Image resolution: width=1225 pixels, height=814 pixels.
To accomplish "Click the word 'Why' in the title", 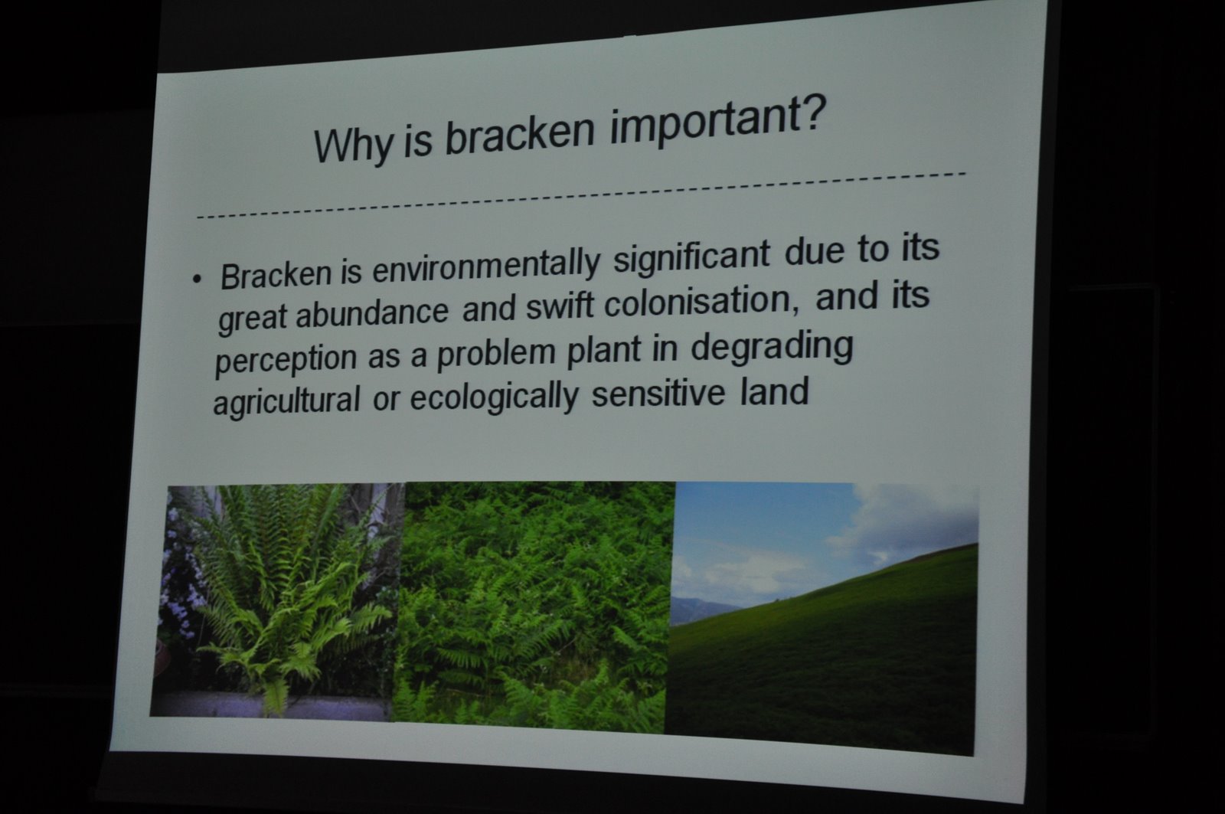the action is coord(353,144).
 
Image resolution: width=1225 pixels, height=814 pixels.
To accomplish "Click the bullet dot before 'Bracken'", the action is coord(197,280).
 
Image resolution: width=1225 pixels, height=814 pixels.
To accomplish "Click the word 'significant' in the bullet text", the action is coord(691,256).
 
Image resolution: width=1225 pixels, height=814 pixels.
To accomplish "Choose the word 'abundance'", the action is coord(372,312).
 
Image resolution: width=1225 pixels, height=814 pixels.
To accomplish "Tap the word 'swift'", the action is coord(560,306).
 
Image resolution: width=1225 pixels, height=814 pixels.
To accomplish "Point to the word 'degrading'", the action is coord(772,348).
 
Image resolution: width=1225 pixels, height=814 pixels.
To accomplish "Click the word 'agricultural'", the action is coord(286,401).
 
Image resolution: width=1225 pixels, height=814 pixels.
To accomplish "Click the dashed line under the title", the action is coord(581,195).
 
